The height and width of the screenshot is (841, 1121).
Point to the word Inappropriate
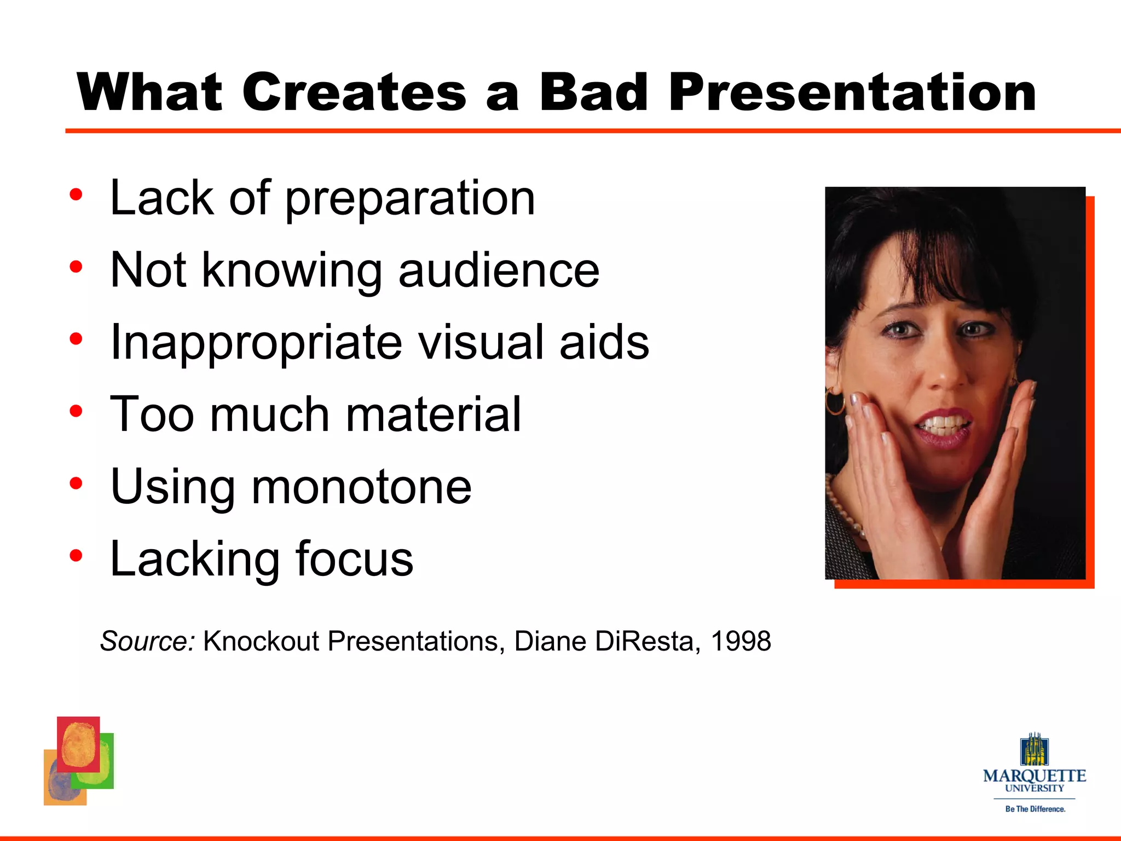click(256, 343)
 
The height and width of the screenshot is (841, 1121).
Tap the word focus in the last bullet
click(354, 559)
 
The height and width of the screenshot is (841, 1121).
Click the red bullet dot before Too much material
click(76, 411)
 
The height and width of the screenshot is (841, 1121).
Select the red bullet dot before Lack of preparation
click(76, 194)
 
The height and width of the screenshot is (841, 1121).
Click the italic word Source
click(147, 641)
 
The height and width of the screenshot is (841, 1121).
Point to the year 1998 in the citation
click(741, 641)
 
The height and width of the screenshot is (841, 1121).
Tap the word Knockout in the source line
click(261, 641)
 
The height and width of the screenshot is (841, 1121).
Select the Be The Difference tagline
click(1035, 809)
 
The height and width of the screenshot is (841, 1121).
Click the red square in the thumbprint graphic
click(78, 744)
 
